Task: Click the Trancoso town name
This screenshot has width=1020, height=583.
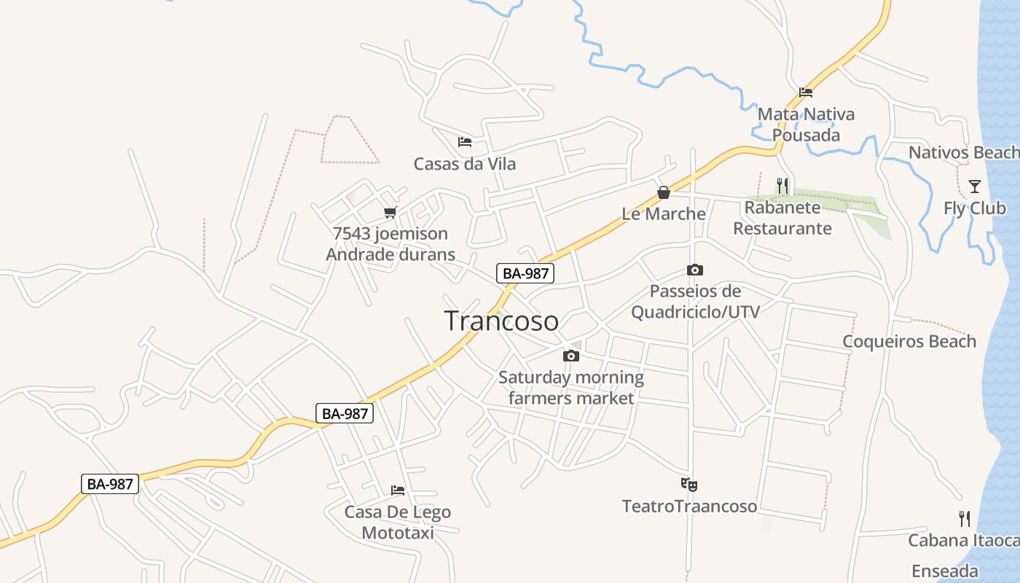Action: [501, 321]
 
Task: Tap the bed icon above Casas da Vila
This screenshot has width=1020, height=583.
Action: [464, 141]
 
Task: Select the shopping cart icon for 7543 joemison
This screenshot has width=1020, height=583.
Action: [391, 212]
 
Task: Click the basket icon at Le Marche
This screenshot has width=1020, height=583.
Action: [664, 192]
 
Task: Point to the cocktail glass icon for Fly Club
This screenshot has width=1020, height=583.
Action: [974, 187]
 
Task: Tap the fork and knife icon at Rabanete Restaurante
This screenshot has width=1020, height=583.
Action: [782, 186]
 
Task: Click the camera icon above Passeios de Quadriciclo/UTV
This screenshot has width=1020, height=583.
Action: [695, 270]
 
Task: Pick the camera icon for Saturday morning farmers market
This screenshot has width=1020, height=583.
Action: [571, 356]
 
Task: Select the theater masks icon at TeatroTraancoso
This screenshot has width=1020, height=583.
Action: [688, 484]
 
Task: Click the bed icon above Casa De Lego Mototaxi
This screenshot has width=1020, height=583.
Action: [397, 490]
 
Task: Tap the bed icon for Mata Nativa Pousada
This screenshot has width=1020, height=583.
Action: [805, 93]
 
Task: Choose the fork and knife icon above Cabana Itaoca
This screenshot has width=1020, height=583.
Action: [965, 519]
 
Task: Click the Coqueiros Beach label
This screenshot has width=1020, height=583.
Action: [909, 341]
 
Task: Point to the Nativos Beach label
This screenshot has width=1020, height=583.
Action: [962, 152]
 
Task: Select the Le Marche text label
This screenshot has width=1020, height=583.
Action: [664, 214]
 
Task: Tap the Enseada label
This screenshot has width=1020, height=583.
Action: [944, 571]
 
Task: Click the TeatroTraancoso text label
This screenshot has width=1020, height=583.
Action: [689, 506]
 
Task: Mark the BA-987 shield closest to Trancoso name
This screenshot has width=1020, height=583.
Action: [525, 273]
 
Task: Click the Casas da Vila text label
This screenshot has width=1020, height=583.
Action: [465, 163]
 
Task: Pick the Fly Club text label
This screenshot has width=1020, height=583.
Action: [975, 208]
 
